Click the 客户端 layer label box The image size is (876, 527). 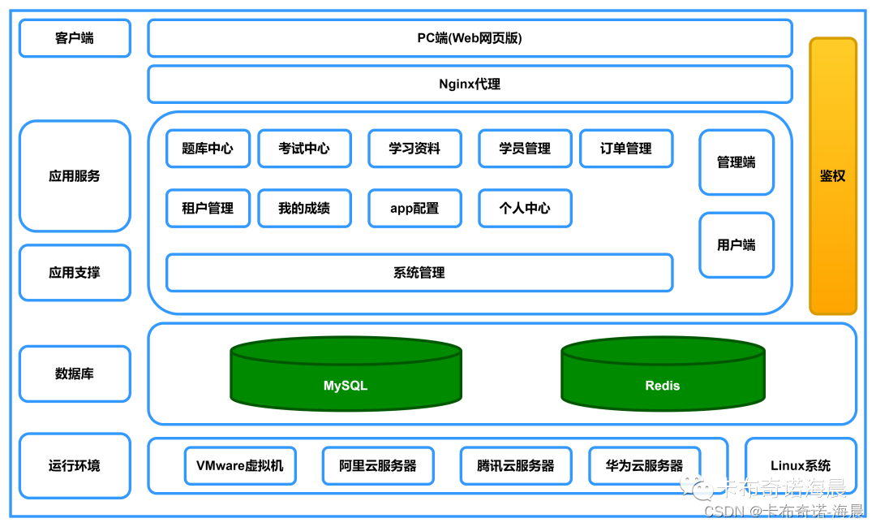tap(75, 38)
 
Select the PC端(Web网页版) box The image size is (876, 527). tap(470, 38)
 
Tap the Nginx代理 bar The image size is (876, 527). tap(470, 84)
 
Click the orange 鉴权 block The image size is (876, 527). tap(832, 175)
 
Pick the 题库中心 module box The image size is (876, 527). tap(208, 149)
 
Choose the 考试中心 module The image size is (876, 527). tap(304, 149)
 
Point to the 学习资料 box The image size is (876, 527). tap(414, 149)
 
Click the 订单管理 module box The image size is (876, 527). tap(626, 149)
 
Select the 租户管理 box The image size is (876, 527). tap(208, 208)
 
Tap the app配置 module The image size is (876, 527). tap(414, 208)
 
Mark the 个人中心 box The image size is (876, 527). tap(525, 208)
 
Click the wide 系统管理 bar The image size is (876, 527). tap(419, 273)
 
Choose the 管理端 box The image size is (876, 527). tap(736, 162)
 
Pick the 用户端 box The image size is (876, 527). tap(736, 245)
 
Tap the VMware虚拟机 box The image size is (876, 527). tap(240, 466)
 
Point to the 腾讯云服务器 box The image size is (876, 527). tap(516, 466)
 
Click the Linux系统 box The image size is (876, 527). tap(801, 466)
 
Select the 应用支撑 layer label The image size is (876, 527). tap(75, 273)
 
